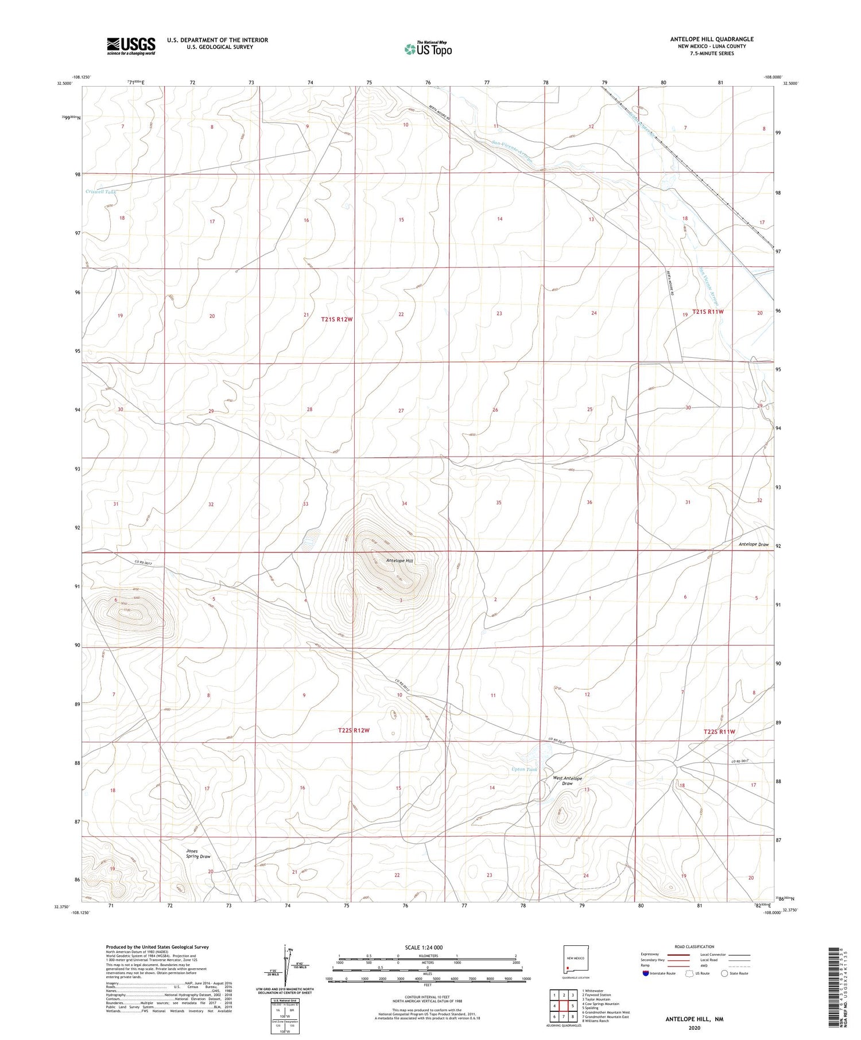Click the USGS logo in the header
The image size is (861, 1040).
pyautogui.click(x=131, y=46)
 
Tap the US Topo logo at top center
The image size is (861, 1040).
pyautogui.click(x=428, y=49)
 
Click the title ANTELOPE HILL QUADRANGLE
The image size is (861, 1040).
pyautogui.click(x=712, y=39)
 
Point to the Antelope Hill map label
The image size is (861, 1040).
pyautogui.click(x=400, y=560)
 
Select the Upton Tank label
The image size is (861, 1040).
pyautogui.click(x=524, y=769)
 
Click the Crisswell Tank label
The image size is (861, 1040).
pyautogui.click(x=100, y=192)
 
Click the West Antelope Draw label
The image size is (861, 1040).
pyautogui.click(x=567, y=781)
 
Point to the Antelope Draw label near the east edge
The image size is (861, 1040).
pyautogui.click(x=753, y=544)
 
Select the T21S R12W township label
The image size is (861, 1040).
pyautogui.click(x=336, y=319)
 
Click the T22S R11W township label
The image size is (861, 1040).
pyautogui.click(x=719, y=732)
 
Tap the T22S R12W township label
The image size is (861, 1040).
pyautogui.click(x=353, y=730)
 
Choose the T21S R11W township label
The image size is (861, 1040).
pyautogui.click(x=708, y=311)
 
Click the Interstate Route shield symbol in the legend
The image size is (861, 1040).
pyautogui.click(x=646, y=973)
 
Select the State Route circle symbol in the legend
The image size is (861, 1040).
pyautogui.click(x=724, y=973)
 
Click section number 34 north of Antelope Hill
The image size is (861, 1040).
pyautogui.click(x=404, y=504)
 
